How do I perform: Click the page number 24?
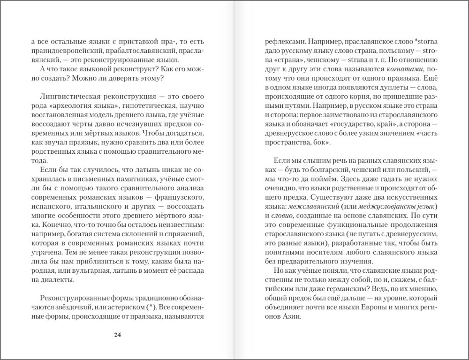tap(118, 335)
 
